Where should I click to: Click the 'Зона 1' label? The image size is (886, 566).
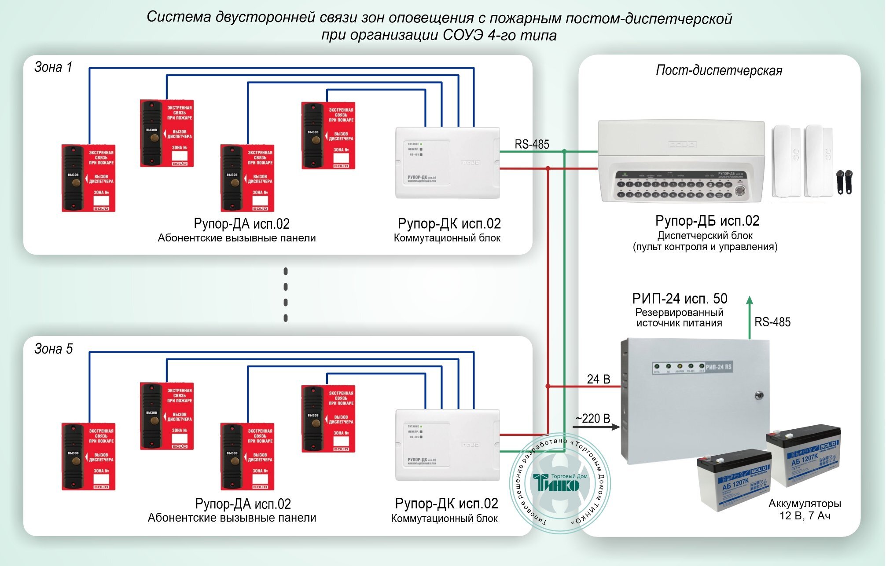point(53,67)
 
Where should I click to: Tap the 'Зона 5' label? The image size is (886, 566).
point(53,349)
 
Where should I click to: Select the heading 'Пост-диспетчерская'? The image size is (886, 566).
point(719,70)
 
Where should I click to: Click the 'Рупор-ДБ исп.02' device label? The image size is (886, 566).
point(707,221)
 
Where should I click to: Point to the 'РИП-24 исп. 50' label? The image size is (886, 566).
point(680,299)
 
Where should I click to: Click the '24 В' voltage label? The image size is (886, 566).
point(598,379)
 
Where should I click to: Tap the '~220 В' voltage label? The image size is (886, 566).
point(592,418)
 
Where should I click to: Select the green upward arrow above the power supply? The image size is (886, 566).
point(750,317)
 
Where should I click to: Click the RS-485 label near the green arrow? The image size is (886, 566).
point(772,322)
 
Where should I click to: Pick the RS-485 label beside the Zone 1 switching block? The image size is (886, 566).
point(532,144)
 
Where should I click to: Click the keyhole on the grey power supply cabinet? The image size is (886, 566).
point(759,394)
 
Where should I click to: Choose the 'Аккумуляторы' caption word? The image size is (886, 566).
point(805,504)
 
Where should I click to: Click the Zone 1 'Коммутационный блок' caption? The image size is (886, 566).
point(447,238)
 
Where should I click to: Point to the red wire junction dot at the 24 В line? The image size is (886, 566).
point(548,386)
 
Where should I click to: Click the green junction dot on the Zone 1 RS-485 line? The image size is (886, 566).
point(564,151)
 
